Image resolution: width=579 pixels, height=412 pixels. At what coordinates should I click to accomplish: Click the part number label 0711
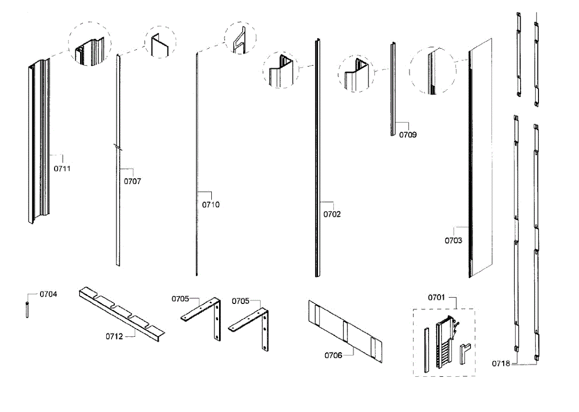(x=62, y=168)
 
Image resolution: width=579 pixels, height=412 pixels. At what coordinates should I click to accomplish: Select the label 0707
(x=133, y=181)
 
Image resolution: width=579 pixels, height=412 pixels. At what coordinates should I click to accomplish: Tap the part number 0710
(x=211, y=205)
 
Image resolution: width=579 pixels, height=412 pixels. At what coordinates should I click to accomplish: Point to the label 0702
(x=332, y=214)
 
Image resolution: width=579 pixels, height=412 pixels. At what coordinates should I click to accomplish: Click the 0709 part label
(x=408, y=135)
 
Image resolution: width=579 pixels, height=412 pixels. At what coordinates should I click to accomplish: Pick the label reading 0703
(x=454, y=240)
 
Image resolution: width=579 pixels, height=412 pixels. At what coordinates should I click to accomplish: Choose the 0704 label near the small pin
(x=48, y=293)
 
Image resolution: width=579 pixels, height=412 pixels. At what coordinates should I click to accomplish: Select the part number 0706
(x=333, y=356)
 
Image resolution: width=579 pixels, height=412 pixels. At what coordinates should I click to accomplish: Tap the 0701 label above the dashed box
(x=437, y=297)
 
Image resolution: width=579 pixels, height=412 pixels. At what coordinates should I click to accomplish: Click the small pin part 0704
(x=27, y=309)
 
